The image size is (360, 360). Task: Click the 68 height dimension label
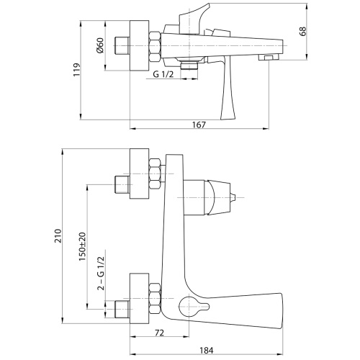(303, 31)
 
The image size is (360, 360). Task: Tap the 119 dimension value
(76, 70)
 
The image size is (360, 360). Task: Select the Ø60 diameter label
(99, 45)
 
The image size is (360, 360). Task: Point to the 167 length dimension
(199, 125)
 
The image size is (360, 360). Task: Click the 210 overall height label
(58, 236)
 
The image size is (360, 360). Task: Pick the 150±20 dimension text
(82, 247)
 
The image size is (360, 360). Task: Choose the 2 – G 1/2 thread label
(102, 274)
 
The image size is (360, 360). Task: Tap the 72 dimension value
(160, 333)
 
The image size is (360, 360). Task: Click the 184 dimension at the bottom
(207, 351)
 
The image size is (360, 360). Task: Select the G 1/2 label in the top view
(163, 74)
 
